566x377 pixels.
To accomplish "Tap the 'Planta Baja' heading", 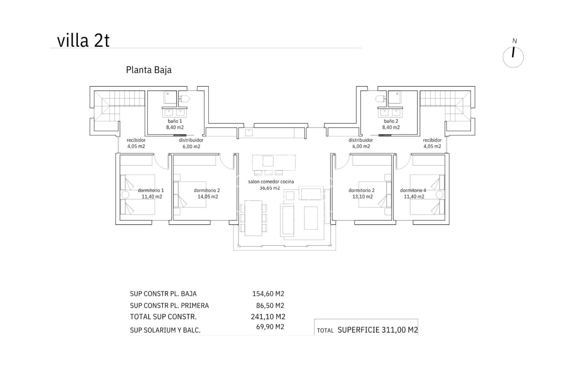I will [x=149, y=70].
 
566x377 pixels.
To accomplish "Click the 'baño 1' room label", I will [x=175, y=121].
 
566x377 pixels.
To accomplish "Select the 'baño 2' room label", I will [x=391, y=121].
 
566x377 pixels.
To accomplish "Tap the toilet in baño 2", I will [x=381, y=99].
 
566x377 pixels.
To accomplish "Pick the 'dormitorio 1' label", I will [x=151, y=190].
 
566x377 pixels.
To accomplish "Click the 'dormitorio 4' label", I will [x=413, y=190].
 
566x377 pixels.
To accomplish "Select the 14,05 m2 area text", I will [x=208, y=197].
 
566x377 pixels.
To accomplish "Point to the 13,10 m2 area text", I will [x=362, y=197].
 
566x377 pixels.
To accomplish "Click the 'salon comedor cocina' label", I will [x=271, y=182].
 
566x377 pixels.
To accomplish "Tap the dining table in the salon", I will [x=254, y=218].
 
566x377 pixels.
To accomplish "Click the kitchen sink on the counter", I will [x=249, y=133].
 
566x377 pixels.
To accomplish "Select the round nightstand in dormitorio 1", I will [x=125, y=195].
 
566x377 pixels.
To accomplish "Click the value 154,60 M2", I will [x=268, y=294].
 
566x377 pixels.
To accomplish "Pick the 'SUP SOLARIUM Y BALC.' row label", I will [x=165, y=330].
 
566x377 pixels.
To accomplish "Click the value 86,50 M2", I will [x=270, y=305].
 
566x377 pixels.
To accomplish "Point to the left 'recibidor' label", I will [x=136, y=140].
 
